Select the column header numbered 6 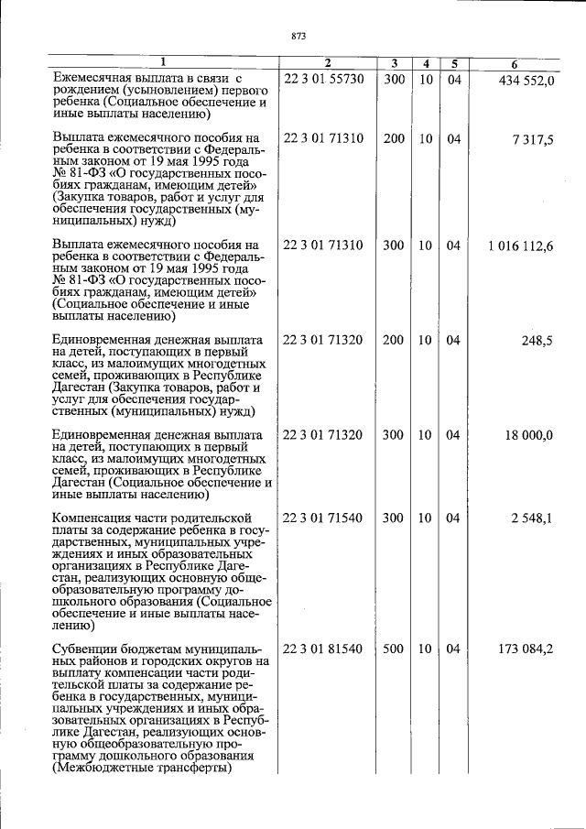[515, 63]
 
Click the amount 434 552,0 [526, 81]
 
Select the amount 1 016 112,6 [521, 246]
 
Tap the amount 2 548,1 [532, 518]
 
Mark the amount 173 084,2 [526, 649]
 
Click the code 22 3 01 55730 [323, 80]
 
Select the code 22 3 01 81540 [323, 649]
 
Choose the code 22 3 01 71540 [323, 518]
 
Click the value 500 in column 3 [393, 649]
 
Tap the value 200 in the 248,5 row [393, 341]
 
